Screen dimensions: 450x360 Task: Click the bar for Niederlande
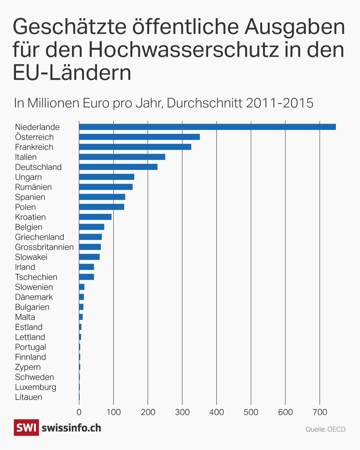pyautogui.click(x=207, y=127)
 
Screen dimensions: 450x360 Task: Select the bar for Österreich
pyautogui.click(x=139, y=137)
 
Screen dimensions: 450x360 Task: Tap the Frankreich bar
pyautogui.click(x=135, y=147)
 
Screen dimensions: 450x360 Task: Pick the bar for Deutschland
pyautogui.click(x=118, y=167)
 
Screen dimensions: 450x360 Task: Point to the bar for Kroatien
pyautogui.click(x=95, y=217)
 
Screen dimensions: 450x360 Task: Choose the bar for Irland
pyautogui.click(x=86, y=267)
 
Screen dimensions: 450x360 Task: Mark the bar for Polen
pyautogui.click(x=101, y=207)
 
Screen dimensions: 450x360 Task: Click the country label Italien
pyautogui.click(x=26, y=157)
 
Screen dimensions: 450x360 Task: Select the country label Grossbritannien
pyautogui.click(x=44, y=247)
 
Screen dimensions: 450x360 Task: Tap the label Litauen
pyautogui.click(x=29, y=397)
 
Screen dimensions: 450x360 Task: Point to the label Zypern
pyautogui.click(x=28, y=367)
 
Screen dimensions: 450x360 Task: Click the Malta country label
pyautogui.click(x=25, y=317)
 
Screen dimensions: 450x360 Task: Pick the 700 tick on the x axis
pyautogui.click(x=320, y=412)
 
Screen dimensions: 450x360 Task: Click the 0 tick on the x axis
pyautogui.click(x=79, y=412)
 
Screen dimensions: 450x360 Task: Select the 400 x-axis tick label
pyautogui.click(x=217, y=412)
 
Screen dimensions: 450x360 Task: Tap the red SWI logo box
pyautogui.click(x=26, y=428)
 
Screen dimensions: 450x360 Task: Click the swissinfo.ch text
pyautogui.click(x=71, y=428)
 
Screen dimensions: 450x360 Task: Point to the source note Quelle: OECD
pyautogui.click(x=325, y=429)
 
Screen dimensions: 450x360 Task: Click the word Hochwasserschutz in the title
pyautogui.click(x=183, y=50)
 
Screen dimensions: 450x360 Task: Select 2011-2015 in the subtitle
pyautogui.click(x=279, y=103)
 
